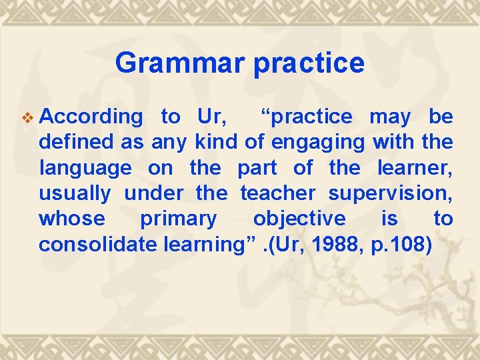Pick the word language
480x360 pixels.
click(x=85, y=169)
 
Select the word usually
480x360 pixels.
click(x=75, y=194)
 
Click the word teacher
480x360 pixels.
click(x=278, y=193)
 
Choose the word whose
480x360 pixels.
click(x=72, y=219)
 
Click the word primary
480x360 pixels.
click(x=178, y=219)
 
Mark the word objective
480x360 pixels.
click(x=299, y=219)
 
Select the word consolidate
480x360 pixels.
click(x=98, y=244)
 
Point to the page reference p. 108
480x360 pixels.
click(x=401, y=245)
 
